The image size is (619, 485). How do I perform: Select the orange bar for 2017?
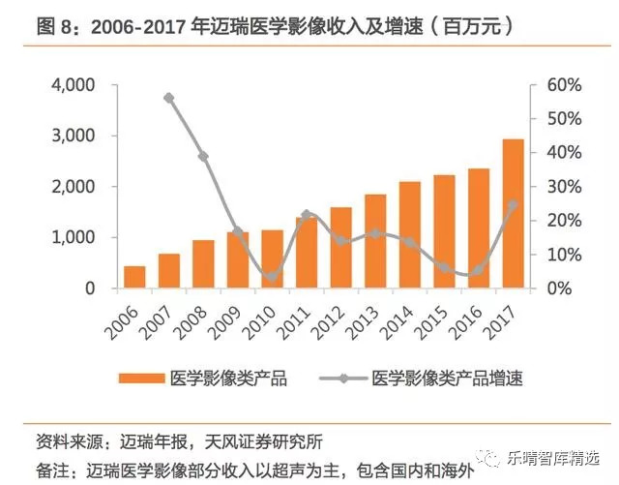point(513,214)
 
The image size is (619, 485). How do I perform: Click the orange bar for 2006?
point(134,277)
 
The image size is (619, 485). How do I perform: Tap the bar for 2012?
point(340,248)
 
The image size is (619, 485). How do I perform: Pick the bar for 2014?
point(409,235)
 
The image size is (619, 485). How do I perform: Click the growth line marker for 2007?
point(169,98)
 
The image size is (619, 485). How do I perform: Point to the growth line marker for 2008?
point(203,157)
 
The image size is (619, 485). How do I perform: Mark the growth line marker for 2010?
point(272,277)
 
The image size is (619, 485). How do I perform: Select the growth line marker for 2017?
point(513,204)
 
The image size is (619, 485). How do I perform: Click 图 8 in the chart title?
point(57,26)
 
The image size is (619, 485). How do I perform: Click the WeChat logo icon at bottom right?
point(494,456)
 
